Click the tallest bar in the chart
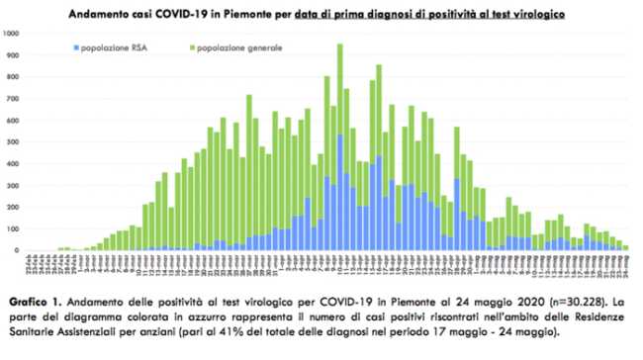click(340, 148)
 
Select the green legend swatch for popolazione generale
click(190, 47)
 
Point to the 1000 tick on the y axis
click(12, 33)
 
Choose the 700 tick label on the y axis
click(14, 99)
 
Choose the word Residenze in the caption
click(575, 315)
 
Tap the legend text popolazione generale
click(239, 47)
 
